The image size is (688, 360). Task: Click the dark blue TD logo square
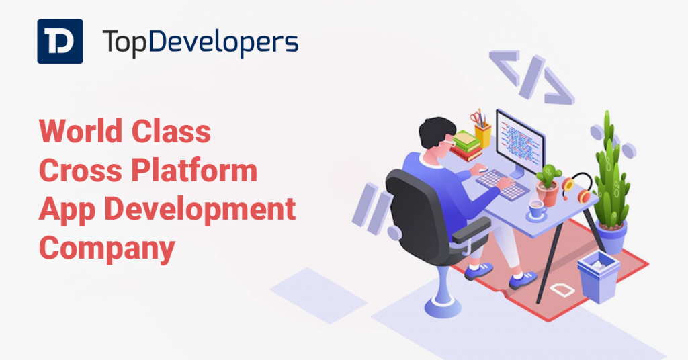60,42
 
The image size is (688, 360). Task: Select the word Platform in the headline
194,170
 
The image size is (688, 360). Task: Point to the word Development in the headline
200,210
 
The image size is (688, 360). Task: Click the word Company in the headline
107,249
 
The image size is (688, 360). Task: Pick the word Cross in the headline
81,170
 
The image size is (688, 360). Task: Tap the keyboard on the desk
503,185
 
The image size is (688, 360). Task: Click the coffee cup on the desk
536,209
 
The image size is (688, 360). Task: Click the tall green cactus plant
611,171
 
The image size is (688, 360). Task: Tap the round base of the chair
442,305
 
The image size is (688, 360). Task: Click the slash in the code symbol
532,77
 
